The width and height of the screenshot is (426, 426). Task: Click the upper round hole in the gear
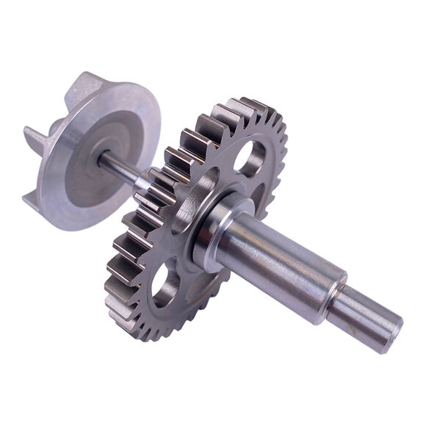pyautogui.click(x=250, y=156)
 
